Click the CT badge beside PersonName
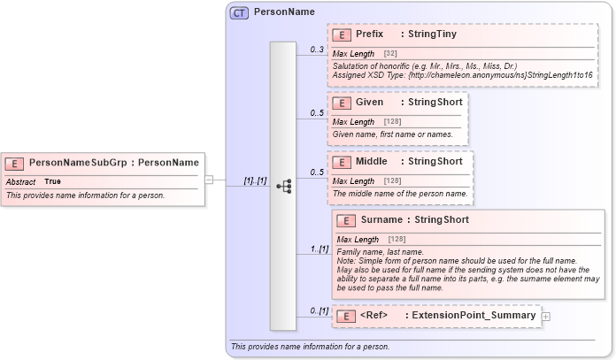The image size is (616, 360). tap(239, 13)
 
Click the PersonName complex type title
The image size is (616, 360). tap(283, 13)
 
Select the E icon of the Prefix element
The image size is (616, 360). tap(342, 35)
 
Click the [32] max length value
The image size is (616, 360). tap(390, 54)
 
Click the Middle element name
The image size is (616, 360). tap(372, 162)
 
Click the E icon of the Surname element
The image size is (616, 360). tap(347, 220)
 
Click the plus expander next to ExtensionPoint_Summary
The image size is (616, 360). tap(546, 316)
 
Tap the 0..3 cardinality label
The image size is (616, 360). tap(316, 50)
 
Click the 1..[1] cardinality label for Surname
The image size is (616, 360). tap(318, 249)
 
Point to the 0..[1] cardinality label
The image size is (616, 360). tap(318, 310)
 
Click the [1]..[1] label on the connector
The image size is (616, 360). tap(255, 180)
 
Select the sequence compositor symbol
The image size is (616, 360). tap(283, 186)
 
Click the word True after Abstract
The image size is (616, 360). tap(53, 181)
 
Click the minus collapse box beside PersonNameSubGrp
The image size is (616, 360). tap(209, 180)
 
